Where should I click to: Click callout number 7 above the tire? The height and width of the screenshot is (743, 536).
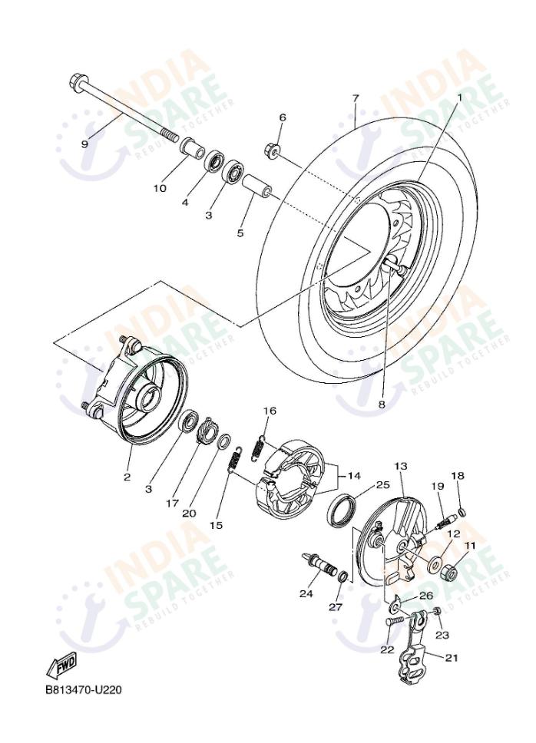[x=356, y=98]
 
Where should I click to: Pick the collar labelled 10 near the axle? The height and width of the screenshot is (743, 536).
[x=190, y=145]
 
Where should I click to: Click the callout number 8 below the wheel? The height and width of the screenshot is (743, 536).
[x=382, y=404]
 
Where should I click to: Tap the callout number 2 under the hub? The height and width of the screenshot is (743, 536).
[x=127, y=477]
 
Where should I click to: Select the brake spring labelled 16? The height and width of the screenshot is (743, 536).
[x=261, y=444]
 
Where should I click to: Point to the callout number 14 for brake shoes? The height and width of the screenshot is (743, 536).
[x=354, y=476]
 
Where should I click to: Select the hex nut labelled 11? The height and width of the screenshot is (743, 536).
[x=450, y=572]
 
